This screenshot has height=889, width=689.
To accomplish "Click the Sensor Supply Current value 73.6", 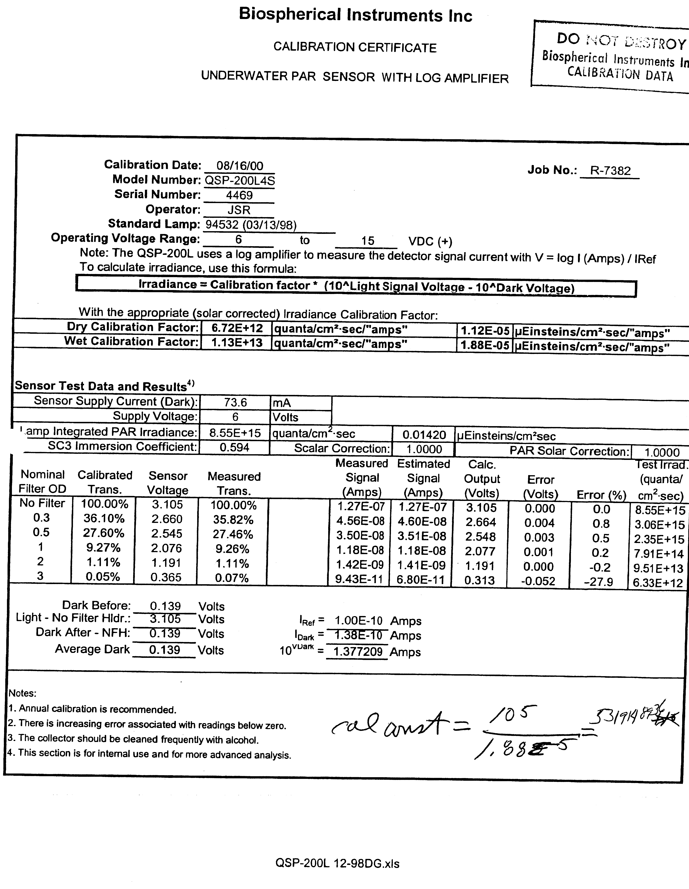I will click(235, 403).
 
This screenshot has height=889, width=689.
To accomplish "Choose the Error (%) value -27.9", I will click(598, 582).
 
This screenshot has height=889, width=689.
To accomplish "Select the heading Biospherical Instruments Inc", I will click(355, 15).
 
